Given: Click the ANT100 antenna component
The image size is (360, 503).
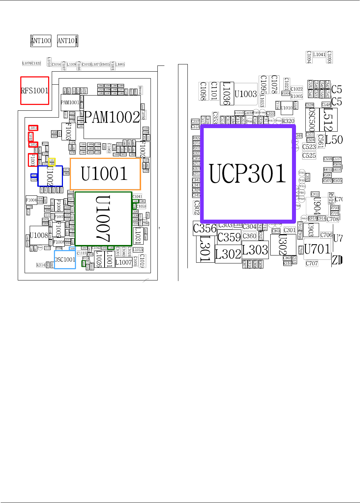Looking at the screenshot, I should pyautogui.click(x=41, y=41).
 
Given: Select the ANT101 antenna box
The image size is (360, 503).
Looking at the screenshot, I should pyautogui.click(x=67, y=41).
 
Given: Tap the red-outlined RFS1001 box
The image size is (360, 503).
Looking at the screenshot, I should pyautogui.click(x=35, y=90).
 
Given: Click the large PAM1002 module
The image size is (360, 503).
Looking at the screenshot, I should pyautogui.click(x=112, y=117).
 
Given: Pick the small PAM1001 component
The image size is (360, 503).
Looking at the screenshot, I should pyautogui.click(x=69, y=102).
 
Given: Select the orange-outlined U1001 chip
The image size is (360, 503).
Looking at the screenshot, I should pyautogui.click(x=105, y=174).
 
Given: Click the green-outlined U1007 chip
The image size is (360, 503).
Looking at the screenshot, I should pyautogui.click(x=103, y=219).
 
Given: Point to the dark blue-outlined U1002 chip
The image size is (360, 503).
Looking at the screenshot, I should pyautogui.click(x=50, y=176).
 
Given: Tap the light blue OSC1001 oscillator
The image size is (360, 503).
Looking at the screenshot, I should pyautogui.click(x=65, y=259).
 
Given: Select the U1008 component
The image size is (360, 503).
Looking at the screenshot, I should pyautogui.click(x=39, y=236).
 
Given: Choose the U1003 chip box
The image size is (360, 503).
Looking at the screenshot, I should pyautogui.click(x=246, y=94).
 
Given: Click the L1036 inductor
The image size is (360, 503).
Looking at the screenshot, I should pyautogui.click(x=226, y=94).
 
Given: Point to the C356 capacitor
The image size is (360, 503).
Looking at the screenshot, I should pyautogui.click(x=205, y=228).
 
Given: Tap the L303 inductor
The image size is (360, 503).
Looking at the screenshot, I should pyautogui.click(x=255, y=250).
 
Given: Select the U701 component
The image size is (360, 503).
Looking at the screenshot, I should pyautogui.click(x=317, y=249).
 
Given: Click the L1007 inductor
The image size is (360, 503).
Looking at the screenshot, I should pyautogui.click(x=123, y=262).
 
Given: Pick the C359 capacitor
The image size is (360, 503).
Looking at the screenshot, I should pyautogui.click(x=229, y=237).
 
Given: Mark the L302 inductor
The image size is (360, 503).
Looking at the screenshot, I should pyautogui.click(x=228, y=254).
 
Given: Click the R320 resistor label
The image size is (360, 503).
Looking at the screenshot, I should pyautogui.click(x=288, y=121).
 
